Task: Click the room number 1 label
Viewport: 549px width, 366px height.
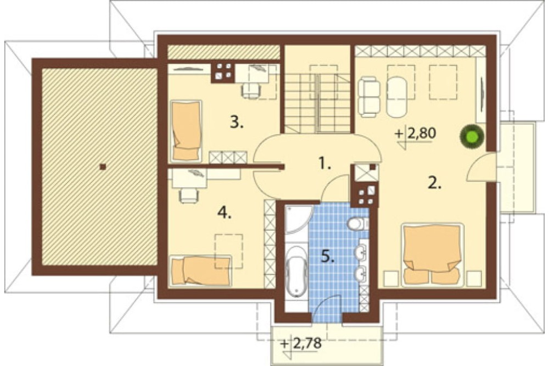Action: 324,163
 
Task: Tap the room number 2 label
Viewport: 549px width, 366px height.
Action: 434,182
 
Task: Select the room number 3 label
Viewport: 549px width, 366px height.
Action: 236,123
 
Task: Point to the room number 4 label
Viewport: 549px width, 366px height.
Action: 224,212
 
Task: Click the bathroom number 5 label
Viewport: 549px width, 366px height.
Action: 328,257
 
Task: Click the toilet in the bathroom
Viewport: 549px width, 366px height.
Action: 358,224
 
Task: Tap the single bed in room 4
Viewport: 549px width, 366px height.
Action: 200,270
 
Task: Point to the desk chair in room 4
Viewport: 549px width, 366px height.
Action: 188,195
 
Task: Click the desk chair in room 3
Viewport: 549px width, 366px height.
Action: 251,91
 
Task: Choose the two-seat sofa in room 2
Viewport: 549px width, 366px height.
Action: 369,96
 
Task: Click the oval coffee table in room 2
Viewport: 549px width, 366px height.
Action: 397,96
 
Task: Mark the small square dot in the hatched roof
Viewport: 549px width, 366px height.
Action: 102,167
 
